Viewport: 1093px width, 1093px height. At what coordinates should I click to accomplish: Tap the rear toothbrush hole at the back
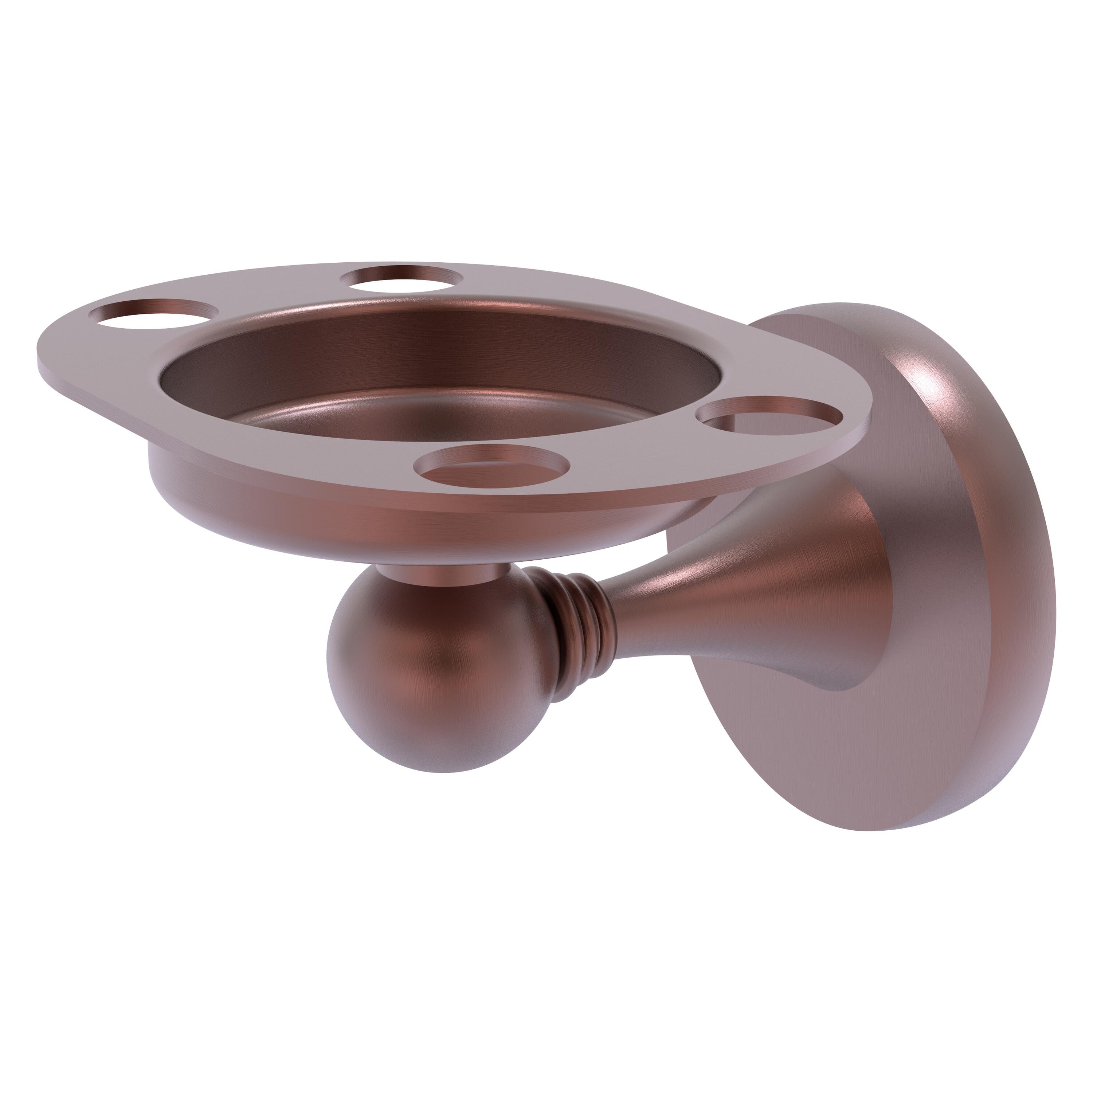(403, 277)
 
